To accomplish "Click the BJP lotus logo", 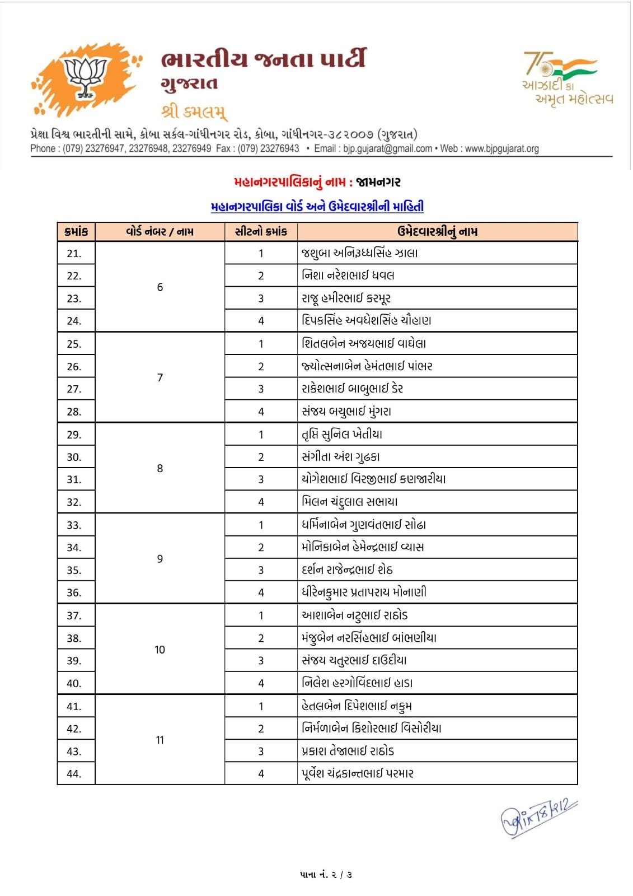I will pyautogui.click(x=85, y=78).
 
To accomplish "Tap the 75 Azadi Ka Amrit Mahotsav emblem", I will pyautogui.click(x=566, y=78).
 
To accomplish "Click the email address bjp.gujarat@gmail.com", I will pyautogui.click(x=387, y=149).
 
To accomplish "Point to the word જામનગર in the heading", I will pyautogui.click(x=378, y=182).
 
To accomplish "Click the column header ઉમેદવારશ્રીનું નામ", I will pyautogui.click(x=437, y=232).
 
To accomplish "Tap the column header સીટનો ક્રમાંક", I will pyautogui.click(x=261, y=232).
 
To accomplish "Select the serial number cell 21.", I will pyautogui.click(x=74, y=254).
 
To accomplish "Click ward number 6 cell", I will pyautogui.click(x=160, y=287).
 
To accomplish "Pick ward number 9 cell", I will pyautogui.click(x=160, y=559).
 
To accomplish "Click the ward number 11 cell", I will pyautogui.click(x=160, y=740).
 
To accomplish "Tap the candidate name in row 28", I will pyautogui.click(x=346, y=412).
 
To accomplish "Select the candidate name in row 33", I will pyautogui.click(x=364, y=525).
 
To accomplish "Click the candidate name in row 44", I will pyautogui.click(x=358, y=774).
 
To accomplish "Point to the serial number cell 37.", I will pyautogui.click(x=74, y=615).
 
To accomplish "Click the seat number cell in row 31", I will pyautogui.click(x=261, y=479).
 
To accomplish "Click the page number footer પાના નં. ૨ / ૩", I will pyautogui.click(x=326, y=875).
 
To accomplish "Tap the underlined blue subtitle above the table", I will pyautogui.click(x=317, y=207).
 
